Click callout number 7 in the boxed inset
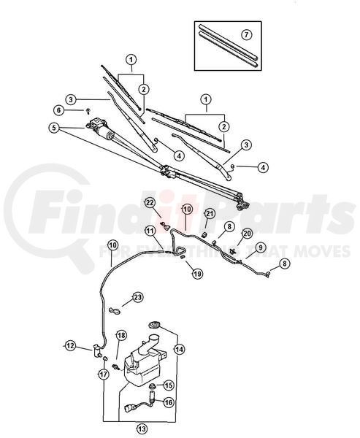coord(246,35)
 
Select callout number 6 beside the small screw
coord(58,110)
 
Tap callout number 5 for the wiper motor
coord(54,128)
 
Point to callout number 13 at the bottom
coord(142,429)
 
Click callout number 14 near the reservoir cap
coord(179,349)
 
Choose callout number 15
coord(168,385)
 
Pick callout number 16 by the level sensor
coord(168,402)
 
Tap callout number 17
coord(104,374)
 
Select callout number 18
coord(121,336)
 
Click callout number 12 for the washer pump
coord(70,346)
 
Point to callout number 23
coord(137,297)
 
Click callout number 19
coord(197,274)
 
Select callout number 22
coord(150,203)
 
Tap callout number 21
coord(209,214)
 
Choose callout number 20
coord(247,234)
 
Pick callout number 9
coord(260,247)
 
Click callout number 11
coord(150,231)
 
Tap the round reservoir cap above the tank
coord(154,325)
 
